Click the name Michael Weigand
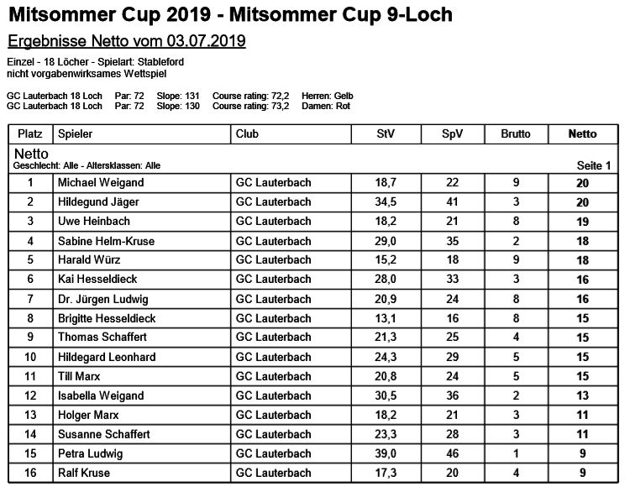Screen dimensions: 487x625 coord(100,183)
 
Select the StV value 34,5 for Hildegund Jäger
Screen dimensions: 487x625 coord(385,202)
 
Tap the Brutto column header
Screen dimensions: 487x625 coord(516,134)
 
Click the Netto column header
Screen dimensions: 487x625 coord(582,134)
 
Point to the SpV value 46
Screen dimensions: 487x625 coord(452,454)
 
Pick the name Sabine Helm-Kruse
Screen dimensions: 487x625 coord(106,241)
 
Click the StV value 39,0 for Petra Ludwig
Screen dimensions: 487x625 coord(385,454)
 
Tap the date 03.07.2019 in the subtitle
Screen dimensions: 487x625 coord(206,41)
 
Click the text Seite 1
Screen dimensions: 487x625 coord(593,165)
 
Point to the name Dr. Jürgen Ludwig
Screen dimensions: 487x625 coord(102,300)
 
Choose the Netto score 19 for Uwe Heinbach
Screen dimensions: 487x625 coord(582,222)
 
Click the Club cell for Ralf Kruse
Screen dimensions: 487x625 coord(273,474)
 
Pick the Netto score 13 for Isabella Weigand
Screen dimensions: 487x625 coord(582,396)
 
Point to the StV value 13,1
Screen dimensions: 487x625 coord(385,319)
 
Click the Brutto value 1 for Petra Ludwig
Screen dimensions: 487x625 coord(516,454)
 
